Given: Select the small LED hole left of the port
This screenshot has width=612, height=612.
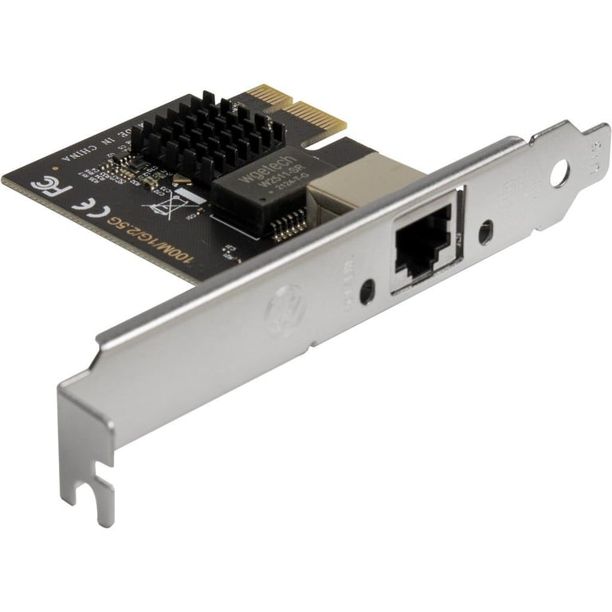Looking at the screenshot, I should (x=367, y=292).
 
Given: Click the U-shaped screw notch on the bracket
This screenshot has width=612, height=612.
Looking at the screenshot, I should (x=99, y=498).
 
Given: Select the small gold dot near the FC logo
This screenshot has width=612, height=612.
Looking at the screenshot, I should (x=55, y=168).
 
